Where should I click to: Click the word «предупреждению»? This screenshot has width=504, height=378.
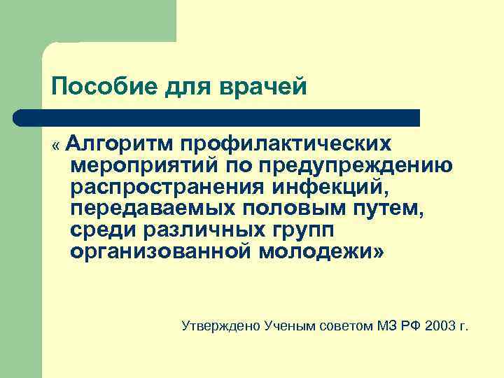tap(353, 166)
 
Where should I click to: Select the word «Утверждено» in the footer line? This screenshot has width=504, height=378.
tap(220, 325)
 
